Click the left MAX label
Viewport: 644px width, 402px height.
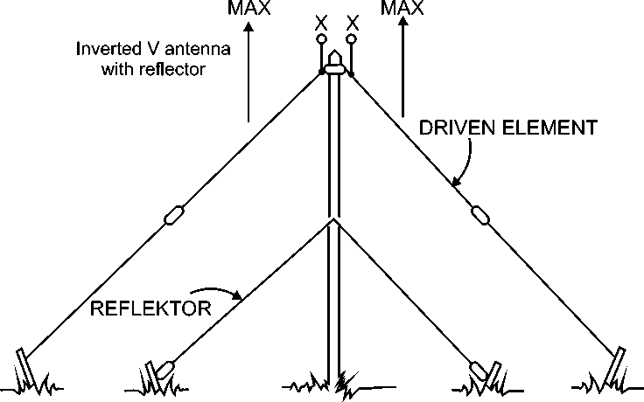click(249, 9)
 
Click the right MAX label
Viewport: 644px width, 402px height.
click(403, 9)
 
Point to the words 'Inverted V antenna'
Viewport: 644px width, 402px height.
click(152, 50)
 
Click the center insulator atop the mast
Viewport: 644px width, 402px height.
click(333, 67)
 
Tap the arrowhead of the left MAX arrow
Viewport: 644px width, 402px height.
click(249, 27)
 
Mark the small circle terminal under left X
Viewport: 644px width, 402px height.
click(321, 39)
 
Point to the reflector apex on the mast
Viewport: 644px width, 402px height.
click(333, 220)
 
